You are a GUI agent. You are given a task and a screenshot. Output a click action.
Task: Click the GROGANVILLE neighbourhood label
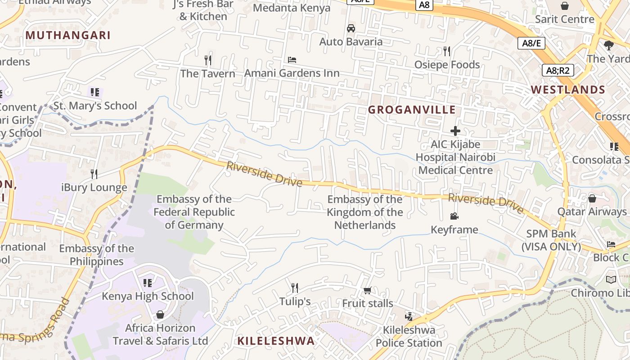tap(412, 110)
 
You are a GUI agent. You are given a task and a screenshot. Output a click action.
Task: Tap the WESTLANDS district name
tap(568, 90)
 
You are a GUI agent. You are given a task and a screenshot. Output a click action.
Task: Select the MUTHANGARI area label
tap(68, 35)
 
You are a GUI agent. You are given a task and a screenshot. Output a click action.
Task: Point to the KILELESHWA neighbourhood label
tap(276, 341)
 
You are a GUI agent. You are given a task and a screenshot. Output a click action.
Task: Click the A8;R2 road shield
tap(558, 70)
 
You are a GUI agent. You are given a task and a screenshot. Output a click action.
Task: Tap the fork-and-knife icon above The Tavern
tap(208, 60)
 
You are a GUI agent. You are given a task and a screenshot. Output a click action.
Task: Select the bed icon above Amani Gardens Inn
tap(292, 59)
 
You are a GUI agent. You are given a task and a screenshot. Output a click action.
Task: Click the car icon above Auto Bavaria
tap(351, 28)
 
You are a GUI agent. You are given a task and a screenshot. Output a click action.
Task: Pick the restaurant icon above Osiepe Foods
tap(446, 51)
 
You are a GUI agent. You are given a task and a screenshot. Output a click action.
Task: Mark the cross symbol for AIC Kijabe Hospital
tap(455, 131)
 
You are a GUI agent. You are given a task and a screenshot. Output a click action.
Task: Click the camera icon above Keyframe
tap(454, 216)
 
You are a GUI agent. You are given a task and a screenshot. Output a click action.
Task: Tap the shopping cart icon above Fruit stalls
tap(367, 290)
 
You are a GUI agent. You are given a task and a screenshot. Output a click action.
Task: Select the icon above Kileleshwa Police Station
tap(409, 317)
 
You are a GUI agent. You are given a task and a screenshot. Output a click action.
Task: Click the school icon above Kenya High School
tap(147, 283)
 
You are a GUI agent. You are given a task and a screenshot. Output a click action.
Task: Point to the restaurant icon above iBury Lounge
tap(94, 174)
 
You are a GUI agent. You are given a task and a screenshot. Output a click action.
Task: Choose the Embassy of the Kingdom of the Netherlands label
tap(365, 212)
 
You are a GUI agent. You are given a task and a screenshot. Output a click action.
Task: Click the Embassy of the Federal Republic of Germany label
tap(194, 212)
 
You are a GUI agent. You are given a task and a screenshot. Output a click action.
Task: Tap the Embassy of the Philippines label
tap(96, 255)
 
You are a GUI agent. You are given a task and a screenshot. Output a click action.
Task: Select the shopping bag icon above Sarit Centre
tap(564, 6)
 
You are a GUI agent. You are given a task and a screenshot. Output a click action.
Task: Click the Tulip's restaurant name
tap(295, 301)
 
